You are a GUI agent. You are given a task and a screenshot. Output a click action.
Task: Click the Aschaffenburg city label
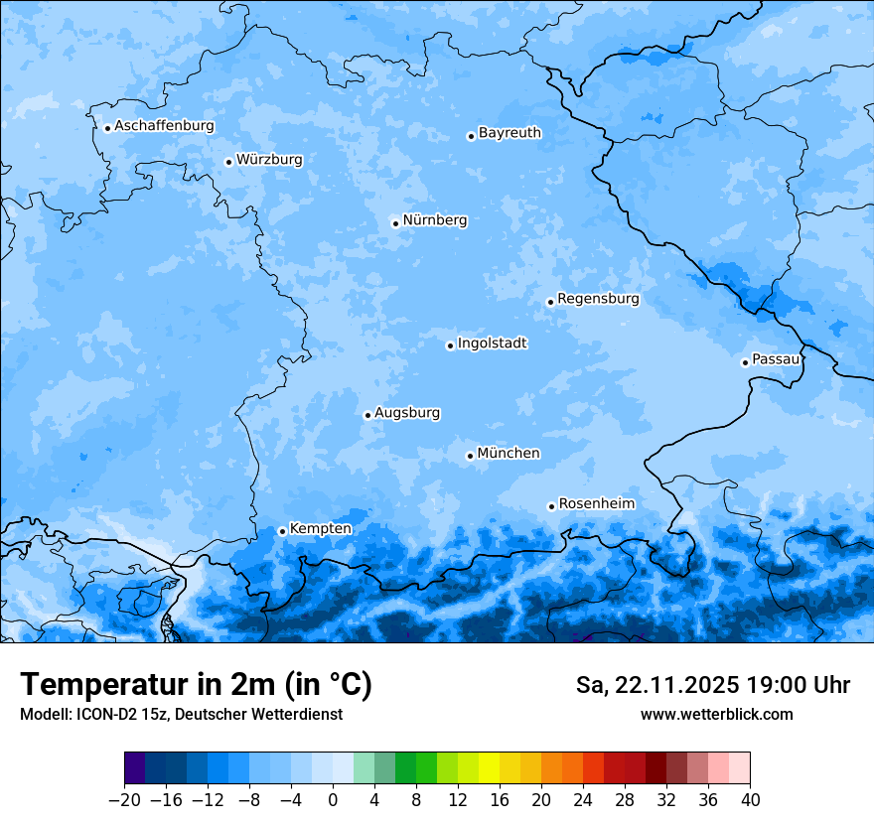click(x=164, y=126)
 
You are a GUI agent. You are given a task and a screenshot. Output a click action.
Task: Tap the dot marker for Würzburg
click(x=228, y=162)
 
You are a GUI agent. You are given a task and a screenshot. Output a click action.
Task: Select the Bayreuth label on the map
click(x=510, y=132)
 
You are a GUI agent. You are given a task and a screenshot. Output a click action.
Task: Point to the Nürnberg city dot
click(x=395, y=223)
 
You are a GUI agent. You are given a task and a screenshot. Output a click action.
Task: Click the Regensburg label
click(x=598, y=298)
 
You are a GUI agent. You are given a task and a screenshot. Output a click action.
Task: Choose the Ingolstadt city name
click(x=492, y=343)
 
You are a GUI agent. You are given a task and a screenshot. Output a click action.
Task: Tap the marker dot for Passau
click(x=745, y=362)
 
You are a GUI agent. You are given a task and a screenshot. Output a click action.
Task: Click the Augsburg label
click(x=407, y=412)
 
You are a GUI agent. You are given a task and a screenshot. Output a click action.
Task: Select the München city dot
click(x=470, y=457)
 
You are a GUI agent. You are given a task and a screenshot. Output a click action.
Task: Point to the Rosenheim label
click(x=596, y=503)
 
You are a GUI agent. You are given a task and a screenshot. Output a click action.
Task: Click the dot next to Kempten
click(x=282, y=531)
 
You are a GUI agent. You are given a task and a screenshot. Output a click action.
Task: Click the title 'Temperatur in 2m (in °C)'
click(x=196, y=685)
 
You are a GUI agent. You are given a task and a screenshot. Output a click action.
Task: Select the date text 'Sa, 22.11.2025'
click(x=656, y=685)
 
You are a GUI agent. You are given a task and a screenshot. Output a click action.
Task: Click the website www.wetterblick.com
click(x=716, y=714)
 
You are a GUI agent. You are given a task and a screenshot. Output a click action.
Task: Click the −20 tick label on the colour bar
click(x=124, y=800)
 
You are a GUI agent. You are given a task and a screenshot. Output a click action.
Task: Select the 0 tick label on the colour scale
click(x=333, y=800)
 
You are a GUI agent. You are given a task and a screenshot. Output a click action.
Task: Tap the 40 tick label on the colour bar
click(x=750, y=800)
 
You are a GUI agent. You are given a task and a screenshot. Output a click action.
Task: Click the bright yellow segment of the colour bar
click(x=489, y=768)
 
